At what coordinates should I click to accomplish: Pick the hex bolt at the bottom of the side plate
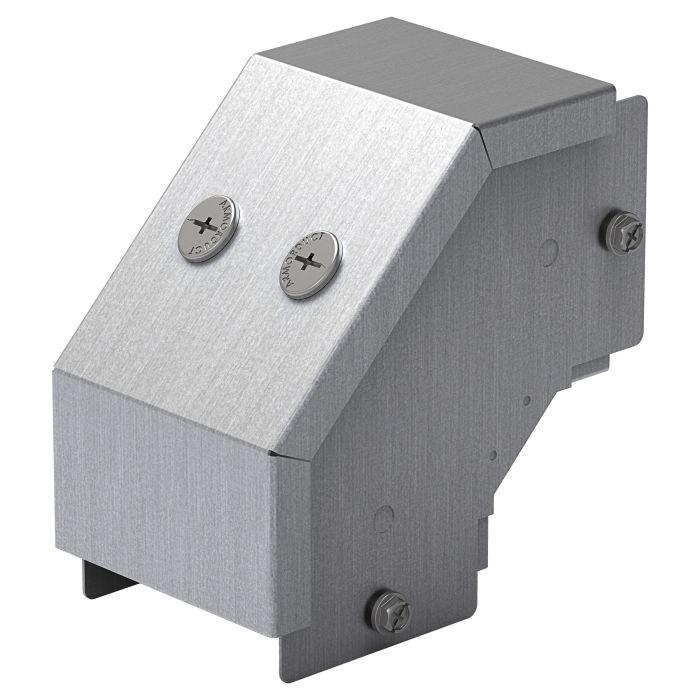click(x=389, y=610)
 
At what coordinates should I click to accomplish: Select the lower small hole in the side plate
click(x=492, y=455)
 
